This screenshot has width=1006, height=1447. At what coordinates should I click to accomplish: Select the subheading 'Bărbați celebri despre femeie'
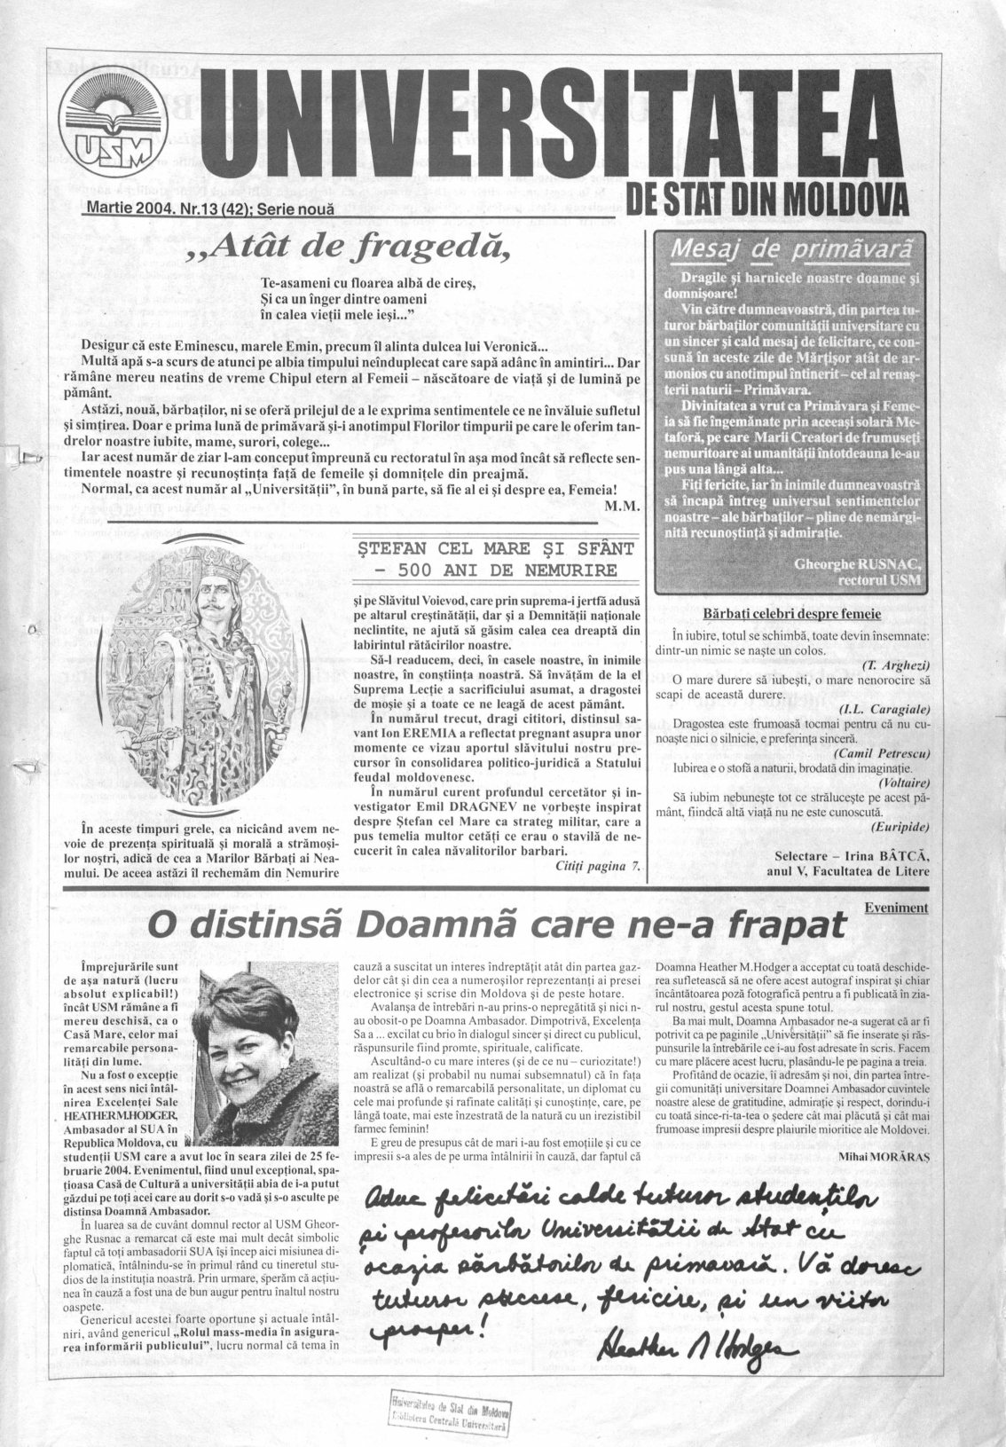[x=790, y=614]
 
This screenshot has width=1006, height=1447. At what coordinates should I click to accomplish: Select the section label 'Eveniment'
[x=895, y=907]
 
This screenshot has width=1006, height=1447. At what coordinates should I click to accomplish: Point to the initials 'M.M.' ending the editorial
[x=615, y=507]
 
